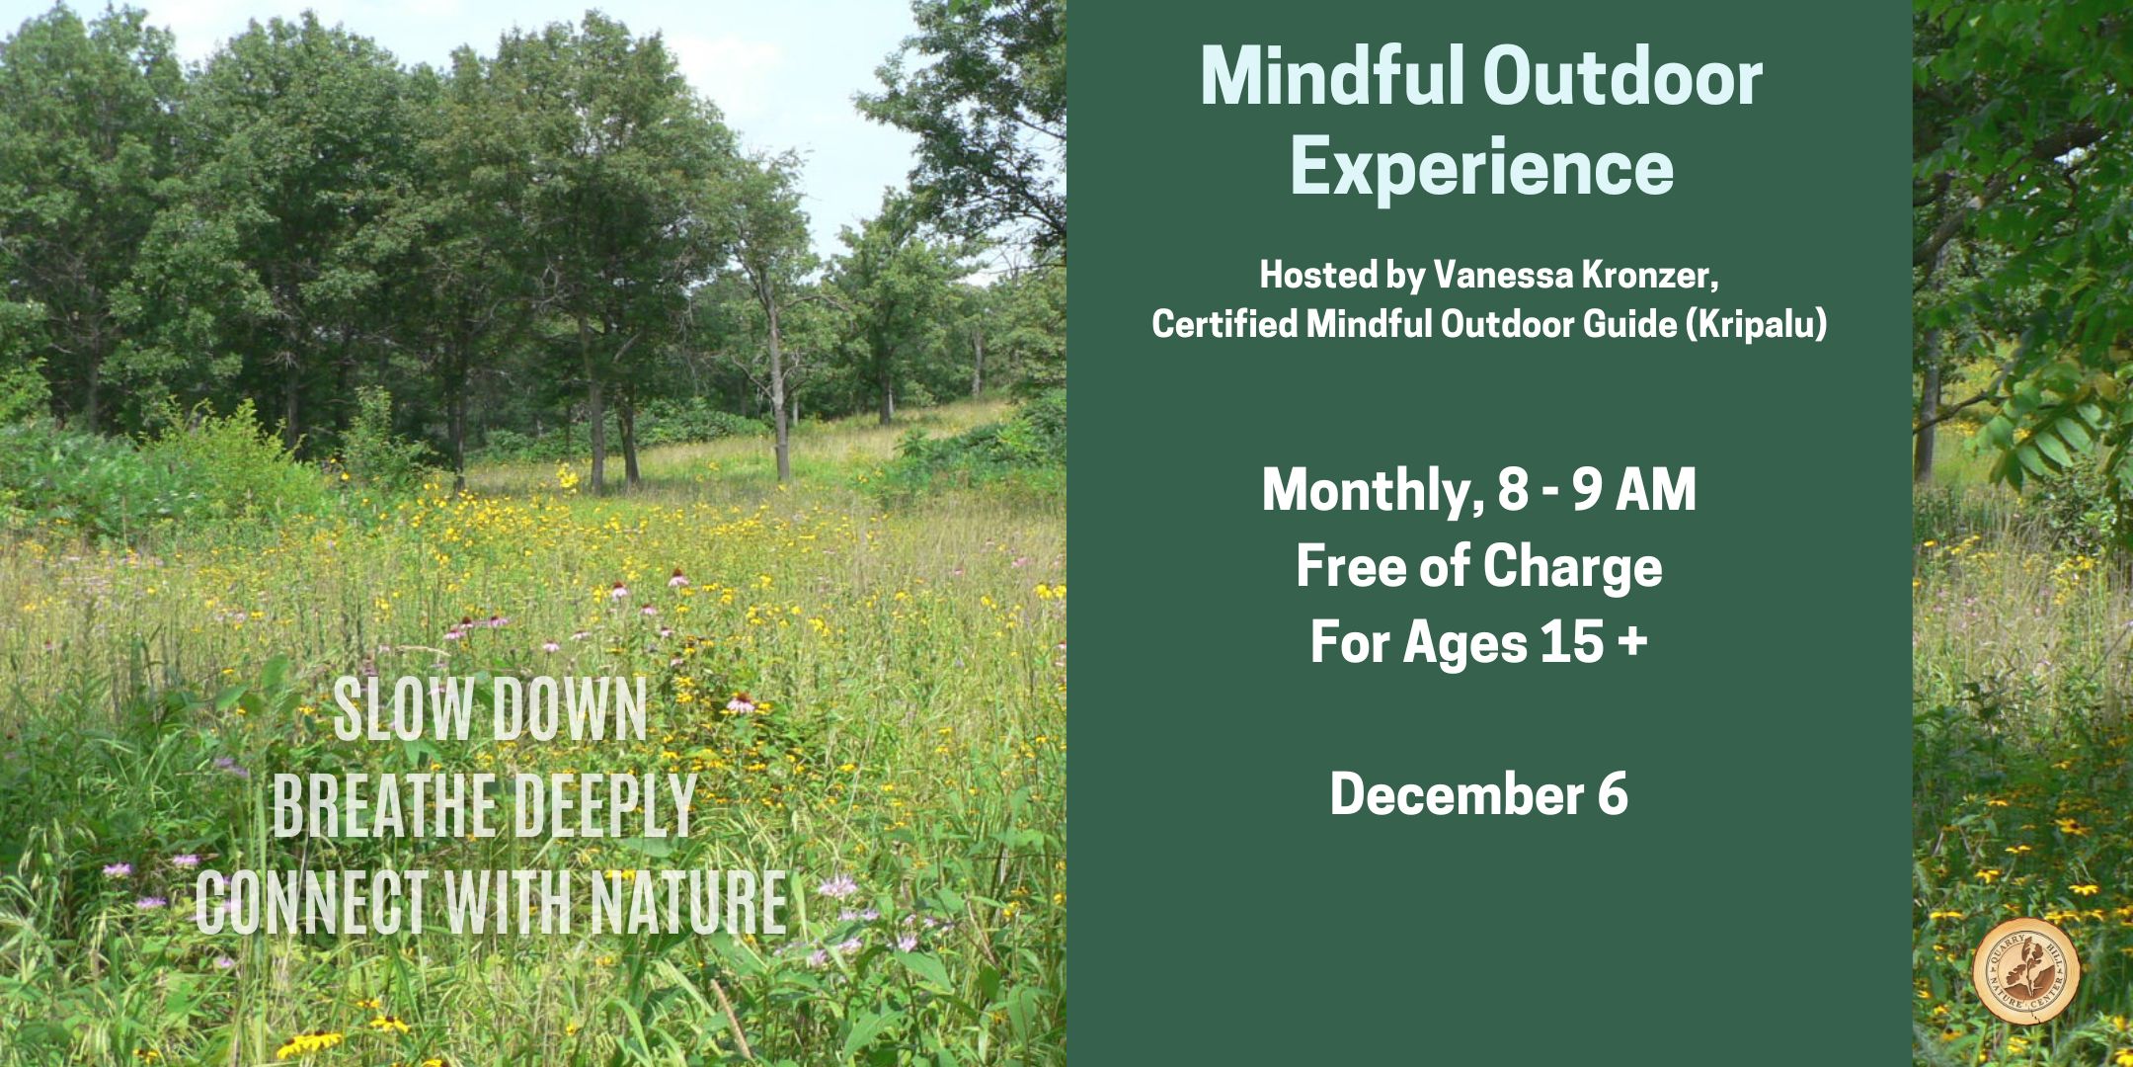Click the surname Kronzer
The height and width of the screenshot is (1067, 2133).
1650,276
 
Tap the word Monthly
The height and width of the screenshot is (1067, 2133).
1370,490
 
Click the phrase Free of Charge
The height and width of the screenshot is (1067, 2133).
1479,566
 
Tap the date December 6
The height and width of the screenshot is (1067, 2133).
1479,794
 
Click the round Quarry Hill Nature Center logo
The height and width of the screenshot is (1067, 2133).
2025,972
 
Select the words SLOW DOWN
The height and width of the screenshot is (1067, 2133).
491,708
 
